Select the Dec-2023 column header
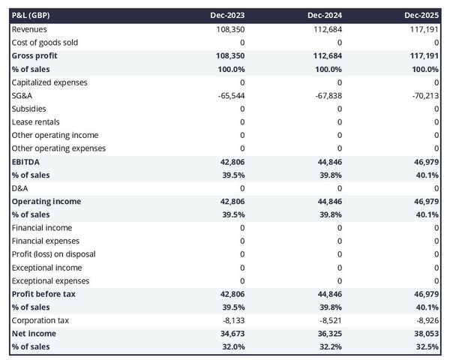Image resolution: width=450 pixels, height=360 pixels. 229,15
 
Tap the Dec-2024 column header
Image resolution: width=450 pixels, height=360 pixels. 325,15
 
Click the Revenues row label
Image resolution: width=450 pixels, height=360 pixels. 31,28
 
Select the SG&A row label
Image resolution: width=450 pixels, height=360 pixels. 22,95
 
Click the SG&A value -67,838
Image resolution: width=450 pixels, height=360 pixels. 326,95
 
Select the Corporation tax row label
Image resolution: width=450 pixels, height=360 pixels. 40,320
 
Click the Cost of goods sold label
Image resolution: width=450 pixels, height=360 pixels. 44,42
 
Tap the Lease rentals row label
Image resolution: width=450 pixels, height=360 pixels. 35,121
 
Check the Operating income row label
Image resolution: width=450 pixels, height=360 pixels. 46,201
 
